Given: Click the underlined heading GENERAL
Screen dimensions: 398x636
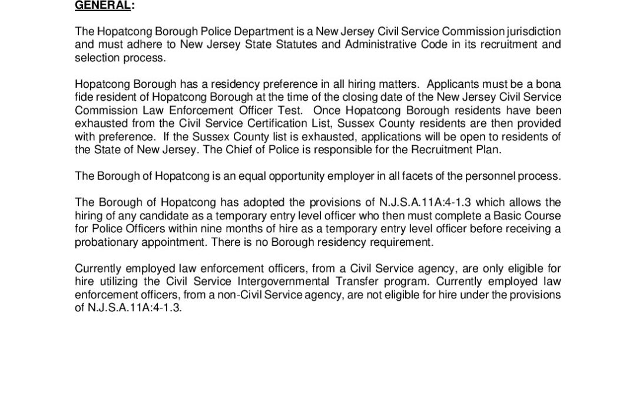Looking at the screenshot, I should point(100,5).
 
